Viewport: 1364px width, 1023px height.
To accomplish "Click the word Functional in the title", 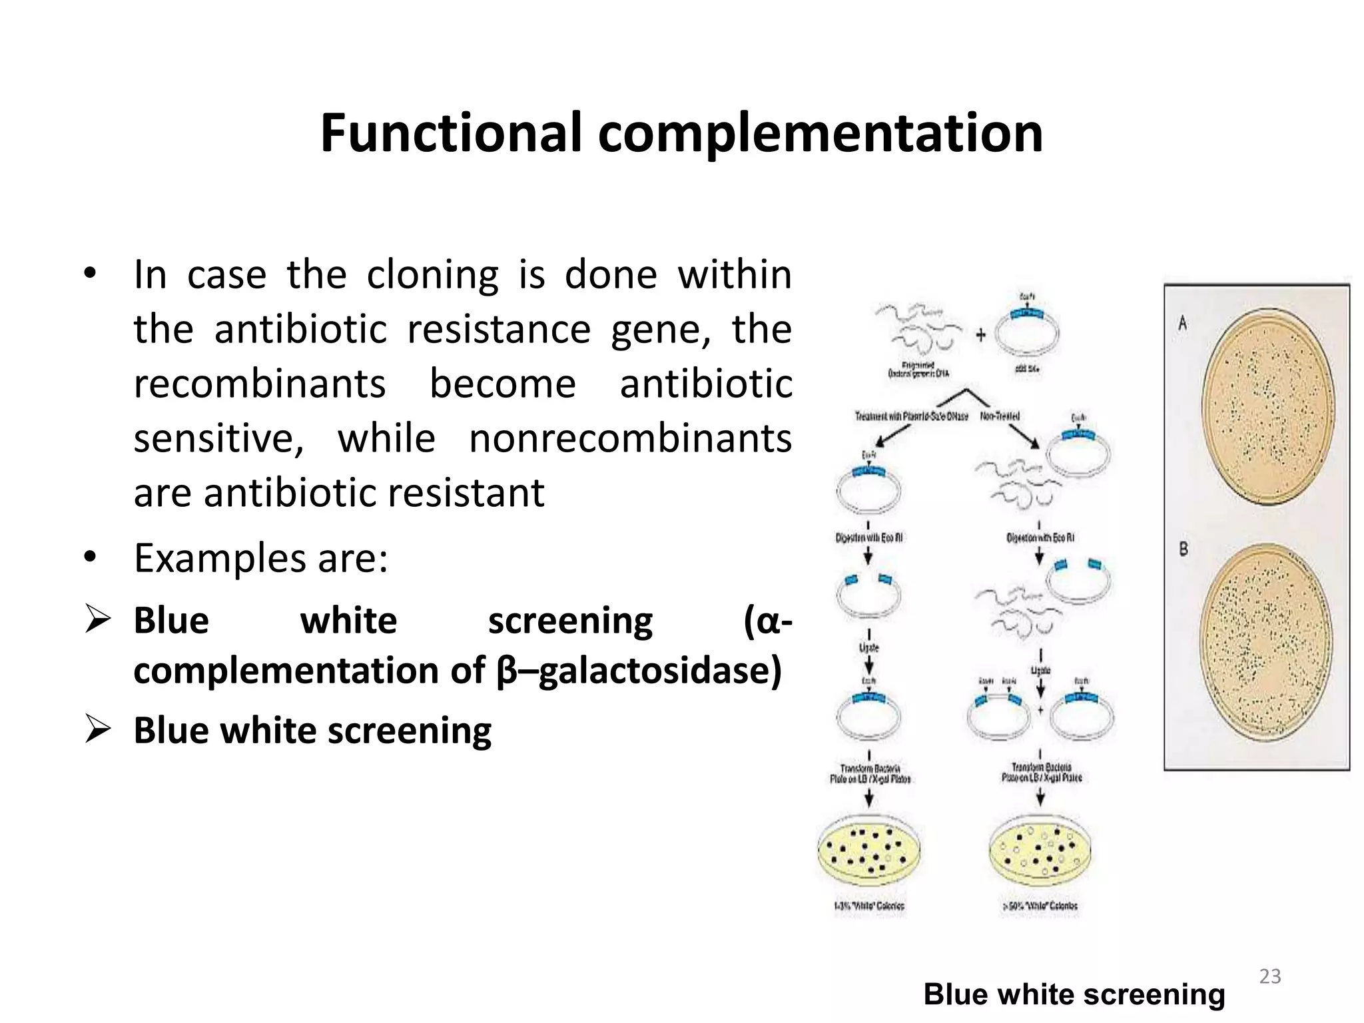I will pyautogui.click(x=451, y=133).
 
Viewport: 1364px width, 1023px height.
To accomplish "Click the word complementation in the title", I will pyautogui.click(x=820, y=133).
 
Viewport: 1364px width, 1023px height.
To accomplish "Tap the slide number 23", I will pyautogui.click(x=1269, y=976).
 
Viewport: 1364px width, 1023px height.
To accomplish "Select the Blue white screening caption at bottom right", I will pyautogui.click(x=1074, y=994).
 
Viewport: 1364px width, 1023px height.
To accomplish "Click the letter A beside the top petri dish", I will pyautogui.click(x=1182, y=324).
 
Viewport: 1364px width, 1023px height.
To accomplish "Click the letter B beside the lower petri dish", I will pyautogui.click(x=1184, y=549).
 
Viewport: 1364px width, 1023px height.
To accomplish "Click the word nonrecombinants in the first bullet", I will pyautogui.click(x=630, y=439).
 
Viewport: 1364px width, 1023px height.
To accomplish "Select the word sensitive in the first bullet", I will pyautogui.click(x=218, y=439).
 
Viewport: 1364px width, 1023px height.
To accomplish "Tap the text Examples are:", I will pyautogui.click(x=260, y=558).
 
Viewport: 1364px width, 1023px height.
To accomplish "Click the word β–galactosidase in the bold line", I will pyautogui.click(x=639, y=670).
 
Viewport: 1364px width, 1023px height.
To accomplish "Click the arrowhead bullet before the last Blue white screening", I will pyautogui.click(x=98, y=730).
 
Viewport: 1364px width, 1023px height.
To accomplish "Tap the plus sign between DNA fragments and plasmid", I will pyautogui.click(x=980, y=334).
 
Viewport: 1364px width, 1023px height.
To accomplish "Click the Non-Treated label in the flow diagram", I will pyautogui.click(x=1000, y=416).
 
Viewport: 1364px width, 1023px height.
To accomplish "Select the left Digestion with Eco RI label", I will pyautogui.click(x=868, y=537).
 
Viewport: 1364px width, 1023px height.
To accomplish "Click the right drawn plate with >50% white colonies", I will pyautogui.click(x=1040, y=852).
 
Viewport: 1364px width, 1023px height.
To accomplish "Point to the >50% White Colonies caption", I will pyautogui.click(x=1040, y=906).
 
